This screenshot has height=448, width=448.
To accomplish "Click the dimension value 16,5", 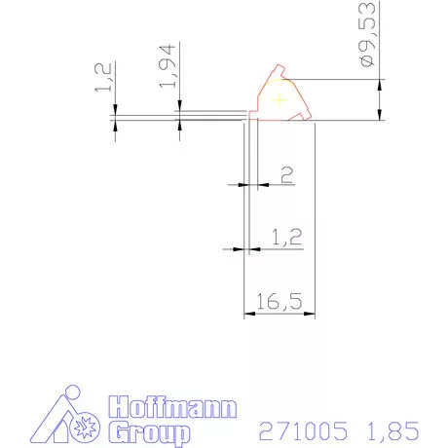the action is [x=280, y=301].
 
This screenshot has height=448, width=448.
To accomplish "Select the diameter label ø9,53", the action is [x=367, y=34].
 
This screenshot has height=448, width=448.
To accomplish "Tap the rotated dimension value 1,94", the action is [x=168, y=66].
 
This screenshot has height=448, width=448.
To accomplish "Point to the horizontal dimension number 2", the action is [x=286, y=174].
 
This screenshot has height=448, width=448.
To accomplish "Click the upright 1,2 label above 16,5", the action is [x=286, y=237].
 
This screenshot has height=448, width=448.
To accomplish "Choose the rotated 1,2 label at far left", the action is [x=103, y=77].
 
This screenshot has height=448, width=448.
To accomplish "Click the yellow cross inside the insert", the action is [x=280, y=100].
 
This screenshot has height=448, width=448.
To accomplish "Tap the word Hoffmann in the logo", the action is [x=172, y=407].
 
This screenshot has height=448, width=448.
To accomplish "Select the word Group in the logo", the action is [x=149, y=432].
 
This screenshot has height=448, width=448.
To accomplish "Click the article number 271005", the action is [x=303, y=430].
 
